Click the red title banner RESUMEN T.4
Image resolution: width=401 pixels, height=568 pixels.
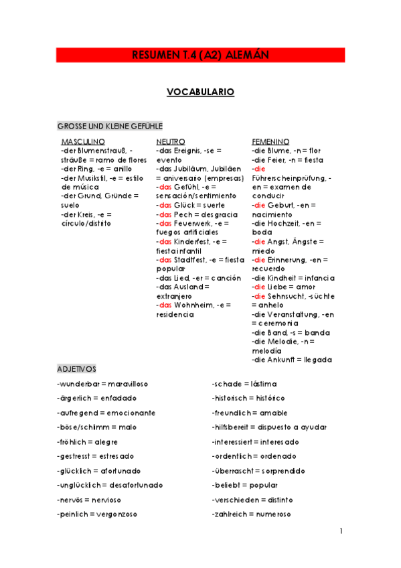pyautogui.click(x=200, y=55)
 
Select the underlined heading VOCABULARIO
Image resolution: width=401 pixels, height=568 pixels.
pyautogui.click(x=200, y=92)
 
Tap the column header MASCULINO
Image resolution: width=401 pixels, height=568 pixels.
pyautogui.click(x=83, y=142)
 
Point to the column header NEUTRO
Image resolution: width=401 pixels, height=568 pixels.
pyautogui.click(x=171, y=142)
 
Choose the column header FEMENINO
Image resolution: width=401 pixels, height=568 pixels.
pyautogui.click(x=270, y=142)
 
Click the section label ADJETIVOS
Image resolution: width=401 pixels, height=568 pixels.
pyautogui.click(x=77, y=369)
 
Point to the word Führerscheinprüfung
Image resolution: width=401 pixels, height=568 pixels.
pyautogui.click(x=287, y=178)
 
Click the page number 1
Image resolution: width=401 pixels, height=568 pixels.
pyautogui.click(x=341, y=531)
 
